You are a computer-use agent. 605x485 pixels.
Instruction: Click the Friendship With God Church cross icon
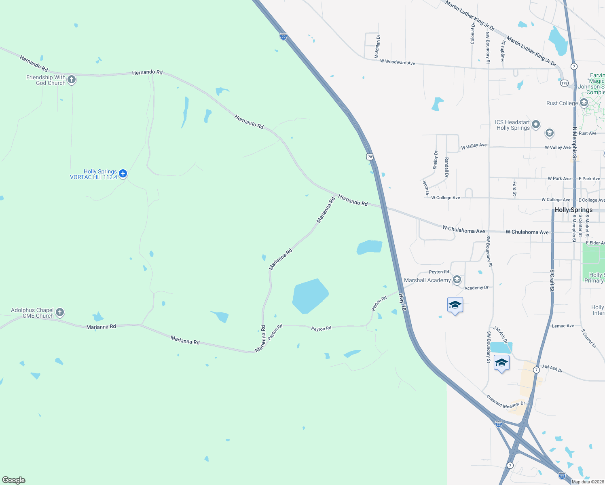(x=72, y=80)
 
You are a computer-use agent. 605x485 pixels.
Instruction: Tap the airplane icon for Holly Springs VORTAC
(x=123, y=174)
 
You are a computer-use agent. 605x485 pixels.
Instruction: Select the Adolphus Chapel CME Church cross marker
(x=60, y=312)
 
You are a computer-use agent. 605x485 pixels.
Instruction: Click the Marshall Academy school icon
(x=457, y=280)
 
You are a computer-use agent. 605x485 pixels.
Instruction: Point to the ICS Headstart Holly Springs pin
(x=536, y=124)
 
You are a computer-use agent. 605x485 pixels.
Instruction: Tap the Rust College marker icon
(x=584, y=103)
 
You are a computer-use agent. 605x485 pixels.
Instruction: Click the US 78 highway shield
(x=370, y=157)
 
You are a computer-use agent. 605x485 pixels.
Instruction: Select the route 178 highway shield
(x=564, y=83)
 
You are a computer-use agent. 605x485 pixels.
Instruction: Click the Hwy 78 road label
(x=402, y=302)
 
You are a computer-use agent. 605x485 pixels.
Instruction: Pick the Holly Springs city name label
(x=573, y=210)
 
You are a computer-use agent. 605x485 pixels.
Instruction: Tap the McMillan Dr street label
(x=377, y=46)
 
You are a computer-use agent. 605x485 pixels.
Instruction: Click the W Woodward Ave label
(x=397, y=62)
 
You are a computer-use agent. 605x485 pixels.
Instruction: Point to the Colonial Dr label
(x=473, y=33)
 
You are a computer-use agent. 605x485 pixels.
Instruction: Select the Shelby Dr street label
(x=436, y=160)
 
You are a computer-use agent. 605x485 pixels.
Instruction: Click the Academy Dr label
(x=476, y=288)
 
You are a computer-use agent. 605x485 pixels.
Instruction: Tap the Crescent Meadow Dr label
(x=505, y=402)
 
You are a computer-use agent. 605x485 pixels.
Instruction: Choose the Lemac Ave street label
(x=563, y=326)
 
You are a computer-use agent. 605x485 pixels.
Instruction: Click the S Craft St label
(x=552, y=280)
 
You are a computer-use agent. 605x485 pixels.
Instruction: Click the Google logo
(x=14, y=480)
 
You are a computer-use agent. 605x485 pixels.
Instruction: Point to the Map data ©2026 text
(x=588, y=482)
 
